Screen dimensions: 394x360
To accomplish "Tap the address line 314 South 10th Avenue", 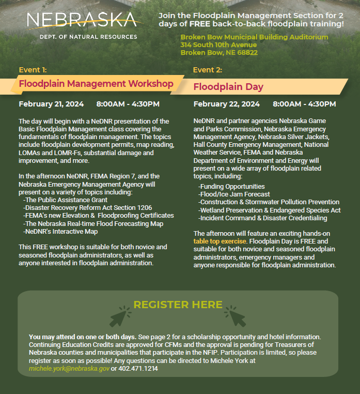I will (x=218, y=45).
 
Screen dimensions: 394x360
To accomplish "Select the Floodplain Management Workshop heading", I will (x=96, y=83).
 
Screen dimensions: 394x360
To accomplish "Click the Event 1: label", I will (x=33, y=70).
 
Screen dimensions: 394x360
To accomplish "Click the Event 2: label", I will (x=207, y=70).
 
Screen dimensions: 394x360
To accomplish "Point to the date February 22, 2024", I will (x=227, y=104).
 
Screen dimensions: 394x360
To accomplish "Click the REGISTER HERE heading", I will (x=178, y=305).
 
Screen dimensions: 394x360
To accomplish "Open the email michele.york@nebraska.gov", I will (x=69, y=369).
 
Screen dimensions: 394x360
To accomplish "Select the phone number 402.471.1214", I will (x=138, y=369).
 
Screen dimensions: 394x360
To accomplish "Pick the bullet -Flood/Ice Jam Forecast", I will (x=234, y=194).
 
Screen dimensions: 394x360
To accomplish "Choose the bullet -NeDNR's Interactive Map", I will (x=61, y=231).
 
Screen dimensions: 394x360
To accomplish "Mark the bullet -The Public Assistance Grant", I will (x=66, y=200).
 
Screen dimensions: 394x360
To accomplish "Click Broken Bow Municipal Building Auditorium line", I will (x=254, y=37).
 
